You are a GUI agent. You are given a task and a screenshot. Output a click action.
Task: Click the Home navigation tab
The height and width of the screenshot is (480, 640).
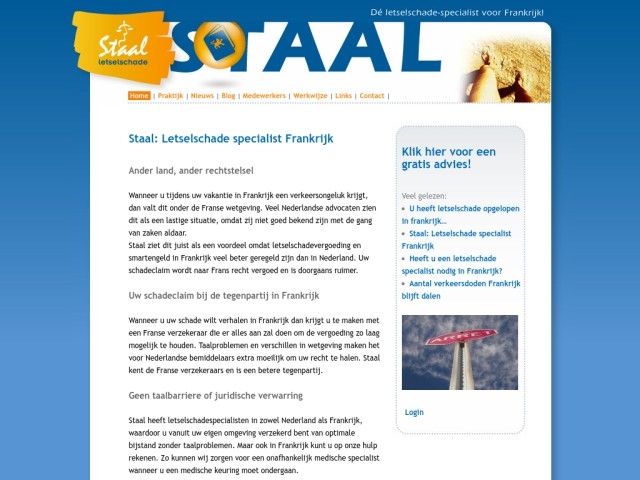139,96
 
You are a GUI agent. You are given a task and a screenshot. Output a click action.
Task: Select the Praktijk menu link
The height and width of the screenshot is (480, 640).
170,96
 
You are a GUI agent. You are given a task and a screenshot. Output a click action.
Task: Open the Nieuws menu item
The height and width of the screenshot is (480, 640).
202,96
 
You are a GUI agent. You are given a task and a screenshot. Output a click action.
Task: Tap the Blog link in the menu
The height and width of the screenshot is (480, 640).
228,96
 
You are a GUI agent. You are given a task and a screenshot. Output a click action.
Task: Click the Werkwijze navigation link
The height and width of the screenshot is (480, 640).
310,96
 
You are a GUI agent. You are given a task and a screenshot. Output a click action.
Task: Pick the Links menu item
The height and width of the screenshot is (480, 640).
343,96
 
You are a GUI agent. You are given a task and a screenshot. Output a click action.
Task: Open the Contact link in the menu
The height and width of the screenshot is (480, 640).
372,96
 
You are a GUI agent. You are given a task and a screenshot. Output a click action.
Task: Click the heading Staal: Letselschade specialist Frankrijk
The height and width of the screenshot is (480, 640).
231,140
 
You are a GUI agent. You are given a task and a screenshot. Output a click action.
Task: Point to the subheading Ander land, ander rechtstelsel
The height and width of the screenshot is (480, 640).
194,170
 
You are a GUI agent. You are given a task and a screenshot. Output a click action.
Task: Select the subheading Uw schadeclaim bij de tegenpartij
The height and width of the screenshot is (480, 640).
223,296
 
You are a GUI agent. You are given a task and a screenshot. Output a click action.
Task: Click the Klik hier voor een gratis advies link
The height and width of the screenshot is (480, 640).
449,157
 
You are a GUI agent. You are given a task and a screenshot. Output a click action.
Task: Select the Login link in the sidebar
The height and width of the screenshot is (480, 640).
414,412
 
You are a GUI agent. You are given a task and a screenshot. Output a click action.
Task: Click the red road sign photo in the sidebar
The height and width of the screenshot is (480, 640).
459,352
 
